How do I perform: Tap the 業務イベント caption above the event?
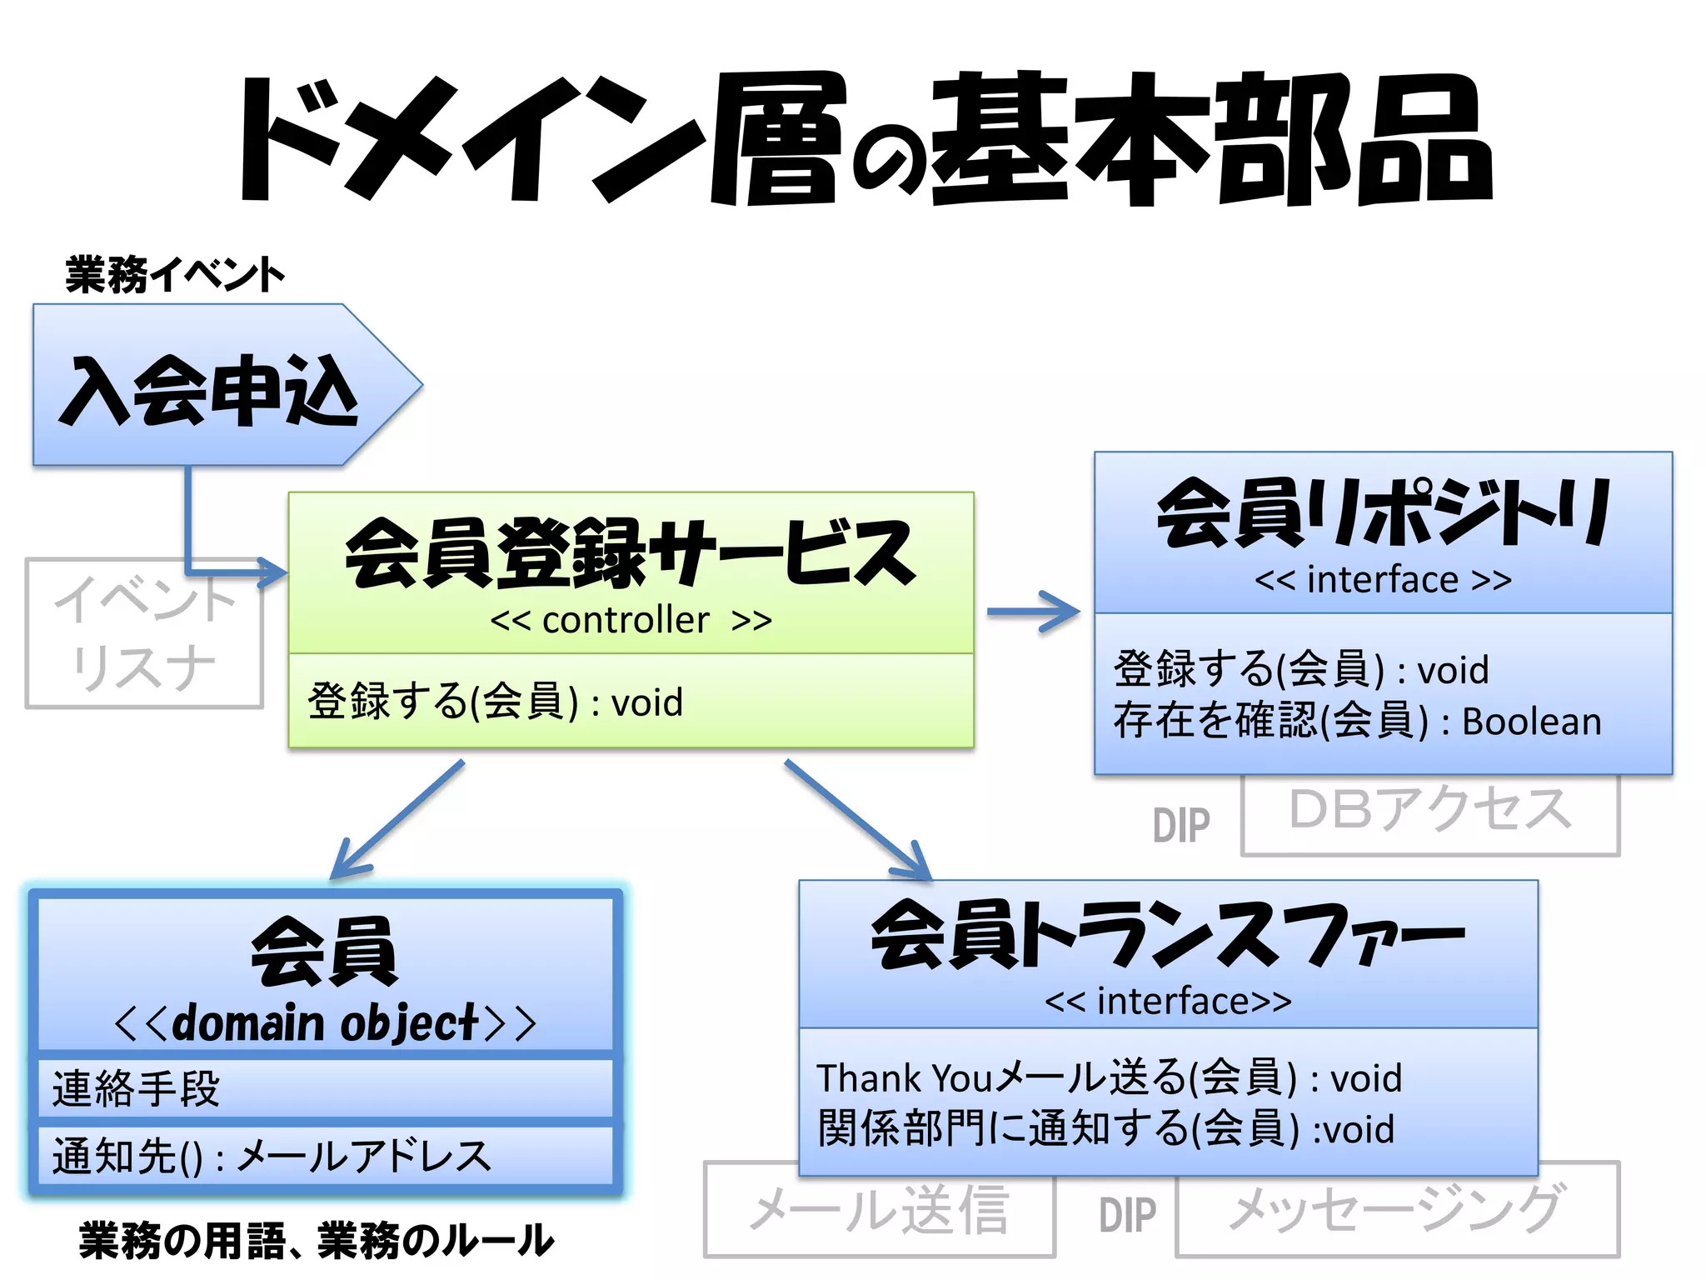pos(175,275)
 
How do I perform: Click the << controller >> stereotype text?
pos(631,620)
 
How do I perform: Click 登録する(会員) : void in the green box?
pos(495,702)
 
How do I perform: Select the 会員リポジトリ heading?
pos(1383,513)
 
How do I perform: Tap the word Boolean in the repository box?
pos(1531,722)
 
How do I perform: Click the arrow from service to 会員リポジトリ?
pos(1033,612)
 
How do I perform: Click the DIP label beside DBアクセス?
pos(1180,826)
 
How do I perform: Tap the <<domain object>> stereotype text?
pos(325,1023)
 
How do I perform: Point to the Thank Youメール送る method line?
pos(1108,1078)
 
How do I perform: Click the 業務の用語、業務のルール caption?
pos(317,1240)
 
